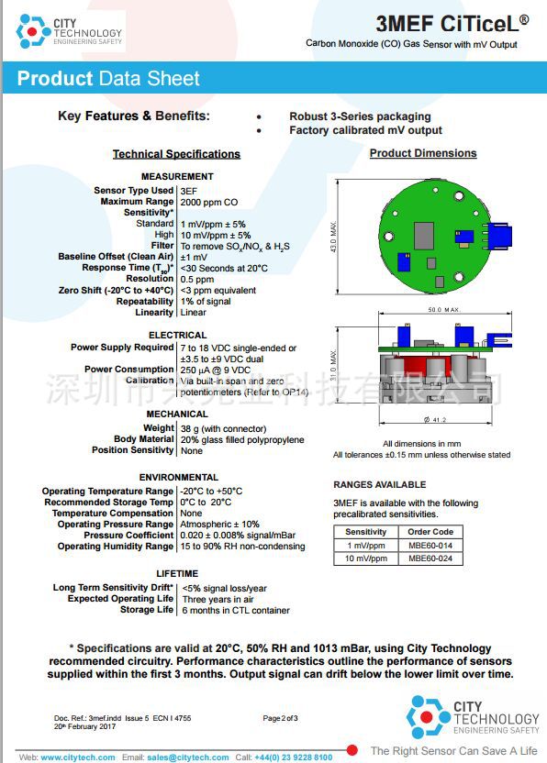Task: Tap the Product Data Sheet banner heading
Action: click(108, 79)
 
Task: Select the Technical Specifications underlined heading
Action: click(176, 154)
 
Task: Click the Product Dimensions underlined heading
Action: click(423, 153)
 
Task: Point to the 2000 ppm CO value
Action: click(209, 202)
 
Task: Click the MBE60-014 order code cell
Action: click(430, 545)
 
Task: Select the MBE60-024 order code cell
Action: click(430, 558)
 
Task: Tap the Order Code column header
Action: click(430, 532)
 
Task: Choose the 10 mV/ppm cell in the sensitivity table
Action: click(366, 558)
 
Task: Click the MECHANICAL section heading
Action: click(177, 415)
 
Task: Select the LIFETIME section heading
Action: click(177, 574)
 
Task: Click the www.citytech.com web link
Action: click(78, 757)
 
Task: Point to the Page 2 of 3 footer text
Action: click(280, 718)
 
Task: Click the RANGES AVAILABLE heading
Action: click(379, 484)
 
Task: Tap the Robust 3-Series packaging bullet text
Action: click(360, 116)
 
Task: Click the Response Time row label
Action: click(128, 268)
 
